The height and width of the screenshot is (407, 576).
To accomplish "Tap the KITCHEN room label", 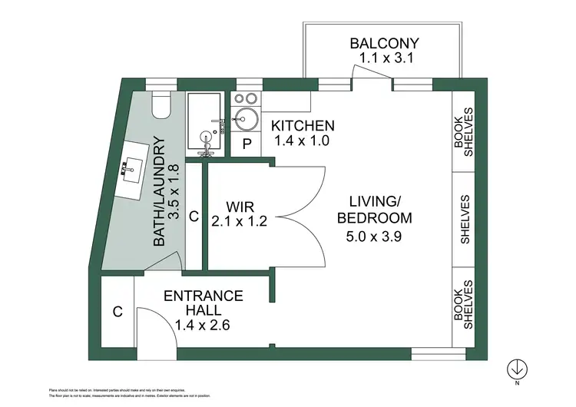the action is click(303, 126).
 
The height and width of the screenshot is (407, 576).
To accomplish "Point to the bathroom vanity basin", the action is click(130, 168).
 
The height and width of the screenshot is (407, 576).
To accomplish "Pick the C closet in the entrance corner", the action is click(118, 312).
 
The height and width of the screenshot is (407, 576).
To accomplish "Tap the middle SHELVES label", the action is click(465, 219).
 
